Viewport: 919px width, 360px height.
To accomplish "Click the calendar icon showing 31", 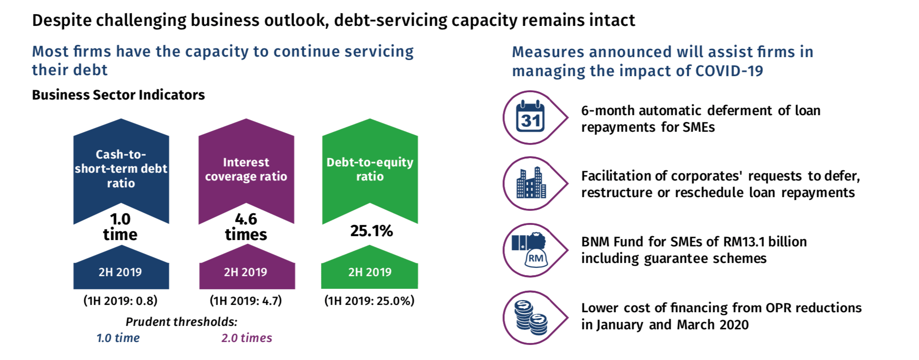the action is point(531,117).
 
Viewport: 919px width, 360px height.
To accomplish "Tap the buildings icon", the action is point(531,183).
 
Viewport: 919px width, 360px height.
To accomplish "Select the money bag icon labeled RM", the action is point(530,249).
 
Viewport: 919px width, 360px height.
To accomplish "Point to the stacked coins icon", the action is point(531,318).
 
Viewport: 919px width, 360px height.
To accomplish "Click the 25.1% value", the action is point(371,231).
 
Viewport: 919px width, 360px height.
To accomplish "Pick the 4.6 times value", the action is point(246,227).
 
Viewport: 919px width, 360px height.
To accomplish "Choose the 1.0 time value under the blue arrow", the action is point(120,227).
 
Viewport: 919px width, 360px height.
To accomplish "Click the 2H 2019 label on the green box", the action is point(370,272).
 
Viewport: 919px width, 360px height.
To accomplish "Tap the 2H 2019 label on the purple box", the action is point(245,272).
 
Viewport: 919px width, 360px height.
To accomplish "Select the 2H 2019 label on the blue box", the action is point(120,272).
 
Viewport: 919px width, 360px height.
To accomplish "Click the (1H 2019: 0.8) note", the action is point(120,300).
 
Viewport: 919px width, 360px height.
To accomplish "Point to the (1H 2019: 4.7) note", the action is point(246,300).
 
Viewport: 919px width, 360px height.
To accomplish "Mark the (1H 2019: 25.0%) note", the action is point(369,300).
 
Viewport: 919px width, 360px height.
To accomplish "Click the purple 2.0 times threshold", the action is point(247,338).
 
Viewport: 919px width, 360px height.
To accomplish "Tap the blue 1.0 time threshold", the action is point(118,338).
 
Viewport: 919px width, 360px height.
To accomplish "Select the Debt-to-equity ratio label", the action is point(370,169).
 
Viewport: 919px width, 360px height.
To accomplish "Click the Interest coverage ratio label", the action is point(246,169).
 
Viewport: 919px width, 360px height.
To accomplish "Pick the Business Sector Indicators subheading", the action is point(119,95).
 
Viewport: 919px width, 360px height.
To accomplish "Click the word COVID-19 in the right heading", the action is point(729,71).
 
